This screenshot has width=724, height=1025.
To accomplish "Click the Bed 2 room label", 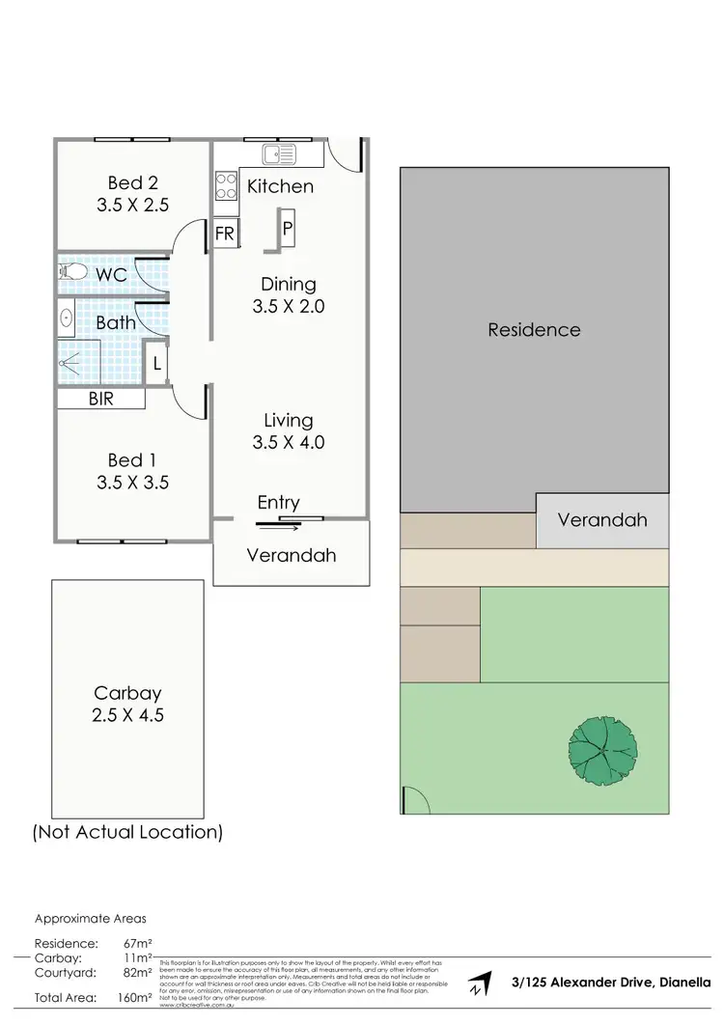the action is point(132,193).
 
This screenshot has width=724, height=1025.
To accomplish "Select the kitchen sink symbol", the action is point(280,153).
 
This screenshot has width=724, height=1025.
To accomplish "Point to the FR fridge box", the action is point(225,234).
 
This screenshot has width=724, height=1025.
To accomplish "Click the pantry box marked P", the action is point(288,229).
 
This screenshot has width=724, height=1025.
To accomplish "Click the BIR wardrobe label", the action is point(100,398).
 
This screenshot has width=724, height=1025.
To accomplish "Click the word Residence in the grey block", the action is point(534,329).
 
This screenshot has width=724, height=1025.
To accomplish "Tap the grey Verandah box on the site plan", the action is point(601,520).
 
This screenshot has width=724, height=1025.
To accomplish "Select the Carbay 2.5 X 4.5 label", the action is point(127,704).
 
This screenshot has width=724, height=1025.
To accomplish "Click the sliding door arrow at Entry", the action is point(279,525).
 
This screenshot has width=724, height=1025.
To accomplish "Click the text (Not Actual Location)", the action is point(127,831).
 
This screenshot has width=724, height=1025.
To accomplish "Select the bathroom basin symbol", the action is point(67,317).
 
